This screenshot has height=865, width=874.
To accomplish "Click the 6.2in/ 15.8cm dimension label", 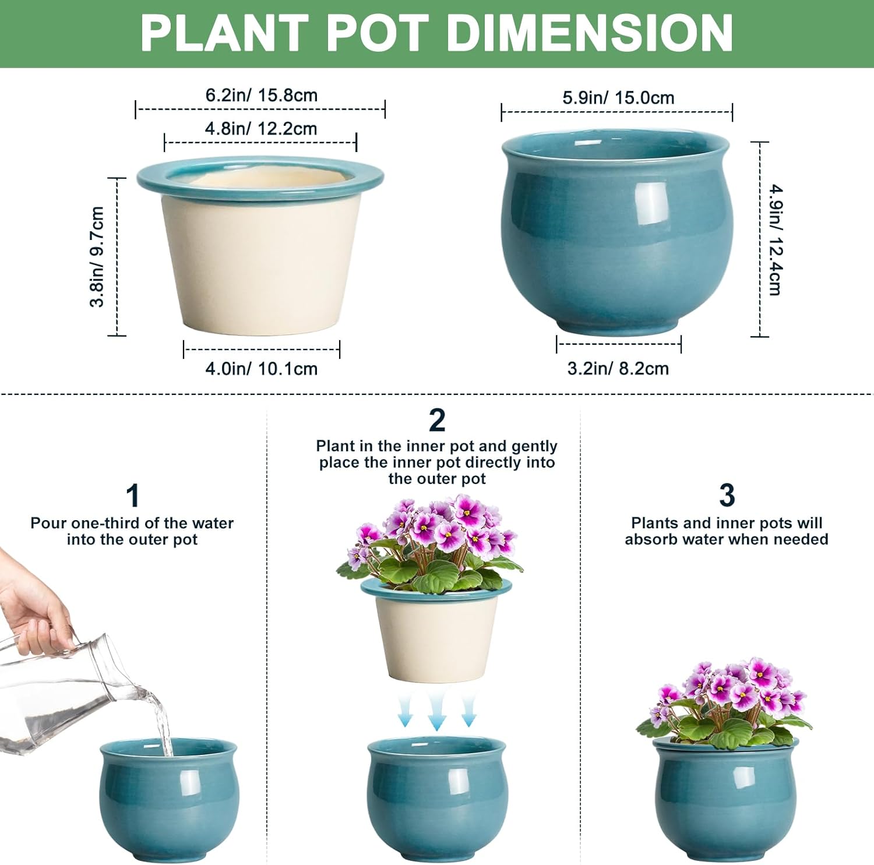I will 261,95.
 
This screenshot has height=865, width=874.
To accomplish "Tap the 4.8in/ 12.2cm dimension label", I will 260,129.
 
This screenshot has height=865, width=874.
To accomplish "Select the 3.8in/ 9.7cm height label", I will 97,256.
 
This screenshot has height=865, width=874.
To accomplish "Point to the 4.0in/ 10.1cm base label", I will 261,369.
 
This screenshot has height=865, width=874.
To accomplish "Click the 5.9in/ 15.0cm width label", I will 618,97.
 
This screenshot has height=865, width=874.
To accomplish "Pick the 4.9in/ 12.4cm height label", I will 776,239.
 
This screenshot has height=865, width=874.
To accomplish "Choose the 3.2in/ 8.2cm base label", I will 618,369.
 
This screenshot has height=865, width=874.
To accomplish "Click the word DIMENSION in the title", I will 589,33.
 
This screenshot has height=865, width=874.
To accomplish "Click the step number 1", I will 132,496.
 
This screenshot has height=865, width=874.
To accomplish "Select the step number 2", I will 436,420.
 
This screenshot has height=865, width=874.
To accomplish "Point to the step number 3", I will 726,495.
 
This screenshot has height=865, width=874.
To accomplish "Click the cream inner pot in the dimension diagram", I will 260,256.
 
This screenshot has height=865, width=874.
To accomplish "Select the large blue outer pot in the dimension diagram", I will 616,233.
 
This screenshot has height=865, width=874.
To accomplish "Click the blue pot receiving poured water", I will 168,801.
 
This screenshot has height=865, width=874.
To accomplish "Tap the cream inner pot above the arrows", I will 436,638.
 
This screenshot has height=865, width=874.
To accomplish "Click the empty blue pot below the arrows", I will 436,801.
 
